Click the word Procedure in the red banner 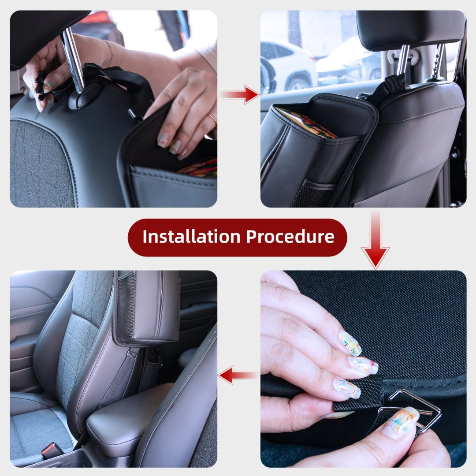290,237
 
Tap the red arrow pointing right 240,94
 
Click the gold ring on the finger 212,118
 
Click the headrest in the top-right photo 410,29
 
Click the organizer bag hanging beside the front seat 148,309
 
